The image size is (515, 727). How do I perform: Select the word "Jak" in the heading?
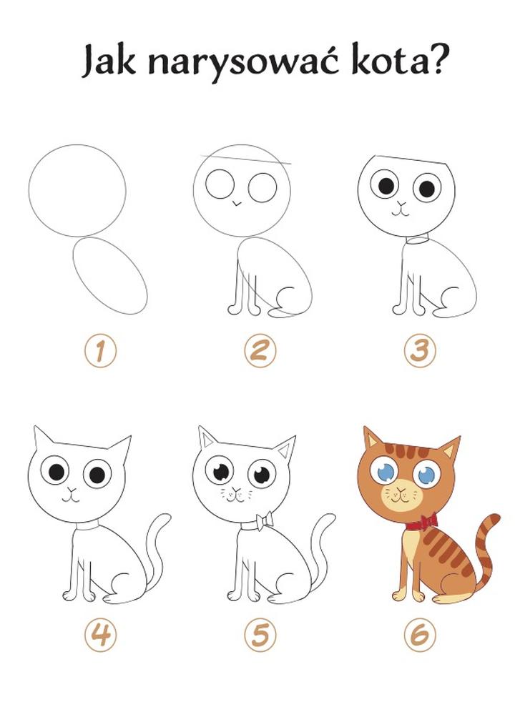(109, 60)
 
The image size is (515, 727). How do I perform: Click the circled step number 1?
(100, 350)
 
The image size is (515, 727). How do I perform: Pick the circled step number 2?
(260, 350)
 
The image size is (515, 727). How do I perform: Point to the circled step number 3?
(420, 350)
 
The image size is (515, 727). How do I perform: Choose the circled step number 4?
(100, 634)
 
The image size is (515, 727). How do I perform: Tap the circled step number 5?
(260, 634)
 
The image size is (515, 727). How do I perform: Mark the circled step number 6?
(420, 634)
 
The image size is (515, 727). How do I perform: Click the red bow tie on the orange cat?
(422, 523)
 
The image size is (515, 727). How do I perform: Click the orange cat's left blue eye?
(385, 472)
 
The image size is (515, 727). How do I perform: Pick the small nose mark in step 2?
(237, 203)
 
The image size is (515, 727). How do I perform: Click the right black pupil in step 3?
(427, 189)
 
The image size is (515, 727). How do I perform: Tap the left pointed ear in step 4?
(44, 437)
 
